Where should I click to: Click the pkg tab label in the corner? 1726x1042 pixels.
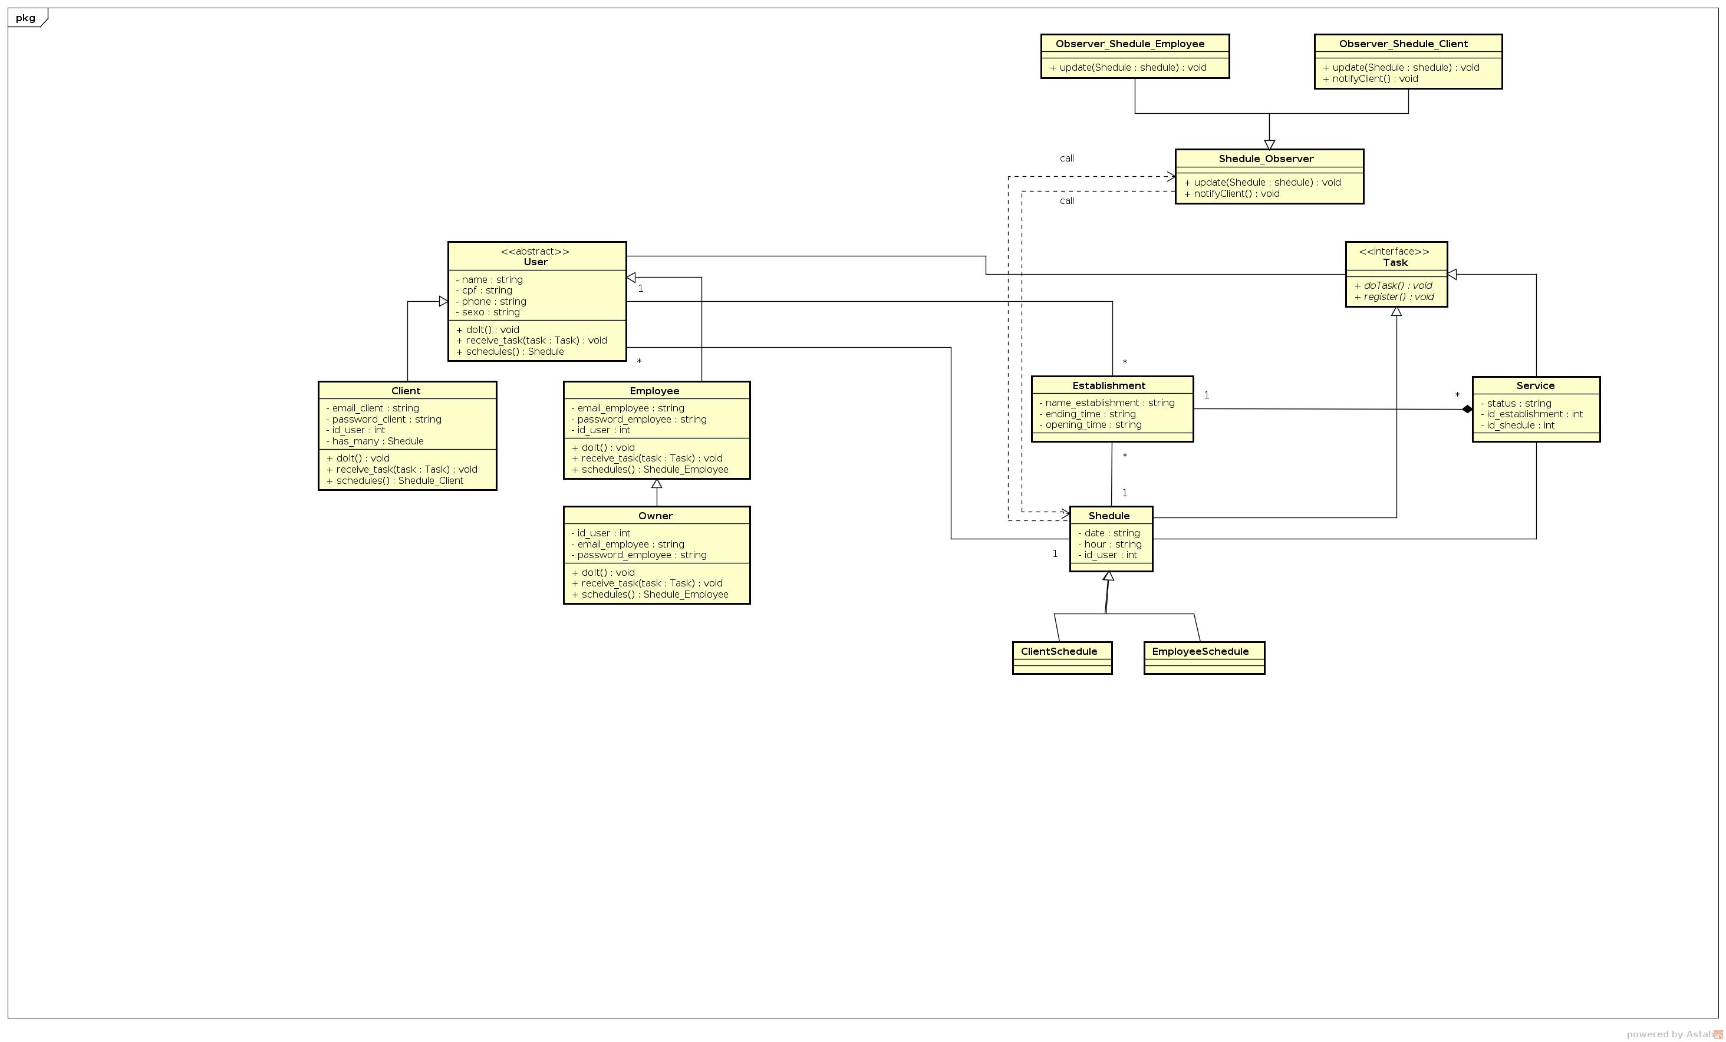coord(25,18)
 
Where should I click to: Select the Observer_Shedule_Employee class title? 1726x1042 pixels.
coord(1130,44)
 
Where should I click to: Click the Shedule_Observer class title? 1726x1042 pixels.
coord(1266,159)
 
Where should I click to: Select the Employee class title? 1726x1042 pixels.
coord(654,391)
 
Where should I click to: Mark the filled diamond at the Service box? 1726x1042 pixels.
coord(1467,410)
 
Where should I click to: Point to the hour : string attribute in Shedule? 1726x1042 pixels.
coord(1112,544)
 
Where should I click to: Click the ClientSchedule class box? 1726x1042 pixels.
coord(1062,658)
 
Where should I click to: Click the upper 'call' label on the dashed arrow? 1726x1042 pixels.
coord(1066,159)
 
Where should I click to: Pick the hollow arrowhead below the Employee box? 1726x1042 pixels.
coord(656,484)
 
